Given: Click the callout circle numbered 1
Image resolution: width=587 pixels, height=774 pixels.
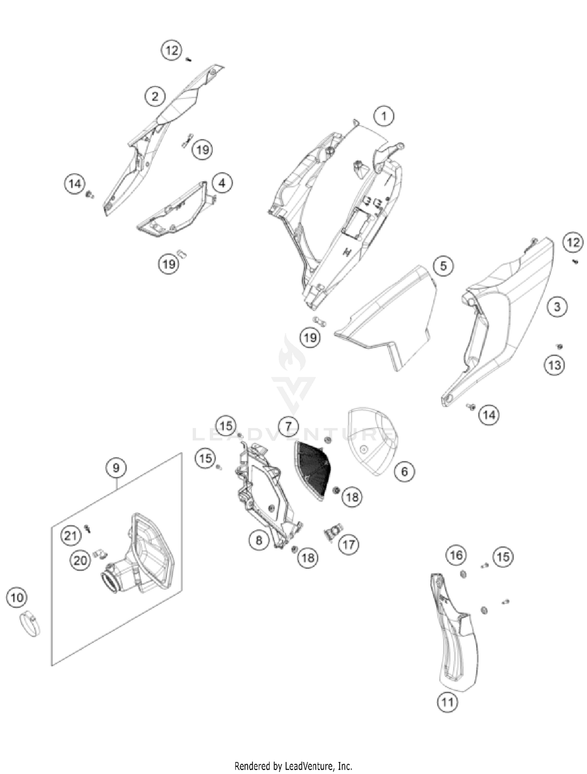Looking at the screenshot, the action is click(x=384, y=116).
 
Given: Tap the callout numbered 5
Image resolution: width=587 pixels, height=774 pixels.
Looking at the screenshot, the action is click(x=443, y=266).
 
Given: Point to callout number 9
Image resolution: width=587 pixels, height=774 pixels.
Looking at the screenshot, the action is click(x=116, y=467).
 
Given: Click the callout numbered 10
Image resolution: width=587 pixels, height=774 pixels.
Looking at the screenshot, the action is click(x=16, y=598).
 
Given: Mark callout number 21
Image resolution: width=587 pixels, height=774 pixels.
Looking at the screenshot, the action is click(x=71, y=535).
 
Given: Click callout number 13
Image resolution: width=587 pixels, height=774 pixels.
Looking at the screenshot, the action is click(x=555, y=365).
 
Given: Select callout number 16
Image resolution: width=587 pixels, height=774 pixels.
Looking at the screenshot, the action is click(x=456, y=555).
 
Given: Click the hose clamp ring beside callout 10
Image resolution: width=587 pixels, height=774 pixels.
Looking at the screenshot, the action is click(x=30, y=625).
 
